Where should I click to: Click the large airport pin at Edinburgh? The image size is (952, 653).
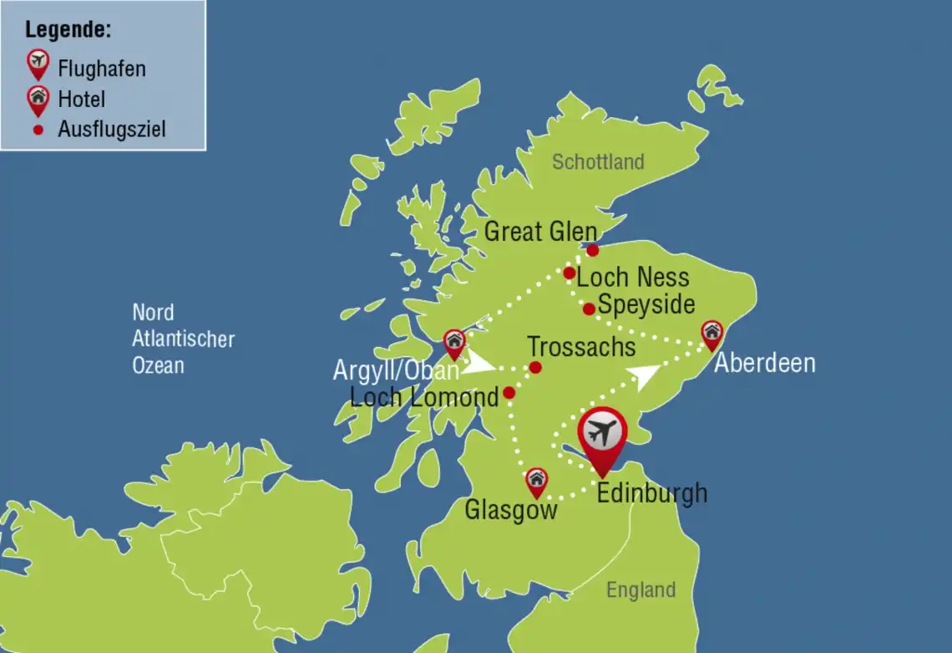pyautogui.click(x=601, y=436)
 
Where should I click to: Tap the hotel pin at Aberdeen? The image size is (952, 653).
pyautogui.click(x=711, y=333)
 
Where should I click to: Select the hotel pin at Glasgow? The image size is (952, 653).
pyautogui.click(x=536, y=481)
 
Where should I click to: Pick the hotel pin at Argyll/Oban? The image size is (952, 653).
pyautogui.click(x=454, y=342)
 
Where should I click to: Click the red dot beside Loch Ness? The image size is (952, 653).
pyautogui.click(x=569, y=273)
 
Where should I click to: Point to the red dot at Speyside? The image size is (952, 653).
pyautogui.click(x=589, y=309)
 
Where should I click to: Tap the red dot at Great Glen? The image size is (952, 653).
pyautogui.click(x=593, y=250)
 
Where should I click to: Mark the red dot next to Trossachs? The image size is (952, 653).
pyautogui.click(x=535, y=367)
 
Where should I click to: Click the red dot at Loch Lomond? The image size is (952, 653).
pyautogui.click(x=509, y=392)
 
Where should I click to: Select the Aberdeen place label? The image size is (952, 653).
pyautogui.click(x=764, y=364)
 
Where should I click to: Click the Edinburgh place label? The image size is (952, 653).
pyautogui.click(x=651, y=493)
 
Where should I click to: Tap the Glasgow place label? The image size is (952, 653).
pyautogui.click(x=511, y=510)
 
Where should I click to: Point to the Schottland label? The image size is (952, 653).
pyautogui.click(x=598, y=161)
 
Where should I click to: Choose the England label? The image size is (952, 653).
pyautogui.click(x=641, y=589)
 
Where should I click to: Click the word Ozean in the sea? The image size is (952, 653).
pyautogui.click(x=158, y=365)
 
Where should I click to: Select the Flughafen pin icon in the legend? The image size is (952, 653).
pyautogui.click(x=38, y=63)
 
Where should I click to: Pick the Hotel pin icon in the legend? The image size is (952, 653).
pyautogui.click(x=38, y=99)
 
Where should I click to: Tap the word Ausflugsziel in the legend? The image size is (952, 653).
pyautogui.click(x=112, y=130)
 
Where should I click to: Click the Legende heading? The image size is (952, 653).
pyautogui.click(x=68, y=31)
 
